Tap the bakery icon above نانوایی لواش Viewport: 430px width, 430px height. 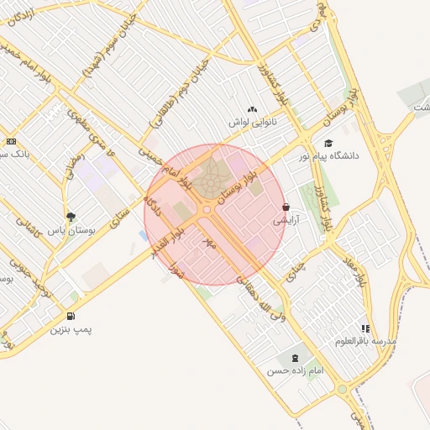click(253, 109)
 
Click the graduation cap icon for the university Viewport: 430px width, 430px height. click(328, 143)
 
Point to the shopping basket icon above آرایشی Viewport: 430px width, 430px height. click(286, 207)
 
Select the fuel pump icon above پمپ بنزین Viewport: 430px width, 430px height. click(70, 317)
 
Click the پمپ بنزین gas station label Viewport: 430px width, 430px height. click(71, 330)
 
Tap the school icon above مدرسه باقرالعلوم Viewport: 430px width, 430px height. click(364, 328)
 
